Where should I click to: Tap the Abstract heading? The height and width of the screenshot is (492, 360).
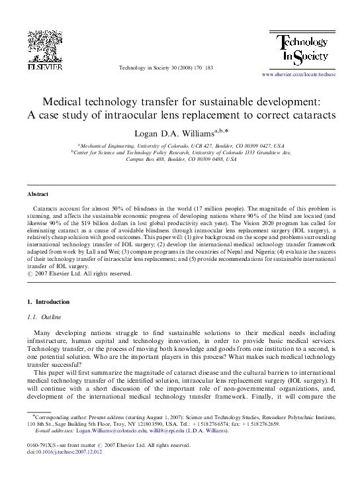[x=37, y=194]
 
